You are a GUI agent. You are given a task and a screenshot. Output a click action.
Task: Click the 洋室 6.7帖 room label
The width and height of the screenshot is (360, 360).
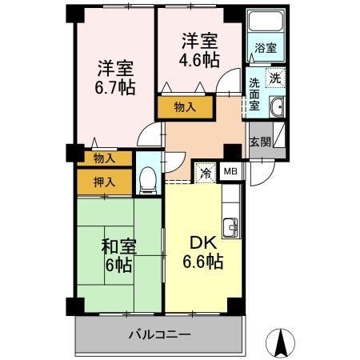115,78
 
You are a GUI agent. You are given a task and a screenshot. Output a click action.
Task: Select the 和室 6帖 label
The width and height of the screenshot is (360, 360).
119,255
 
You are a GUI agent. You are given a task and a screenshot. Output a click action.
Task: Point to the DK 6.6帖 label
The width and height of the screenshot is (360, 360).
203,252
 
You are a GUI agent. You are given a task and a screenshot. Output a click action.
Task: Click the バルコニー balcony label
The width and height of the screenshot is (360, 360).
160,334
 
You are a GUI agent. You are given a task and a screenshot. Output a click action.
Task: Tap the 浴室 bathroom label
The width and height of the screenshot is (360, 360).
266,48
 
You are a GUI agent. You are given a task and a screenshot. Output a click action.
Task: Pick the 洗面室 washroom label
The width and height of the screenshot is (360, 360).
254,94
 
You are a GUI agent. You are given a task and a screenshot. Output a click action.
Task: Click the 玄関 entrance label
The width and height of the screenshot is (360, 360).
260,142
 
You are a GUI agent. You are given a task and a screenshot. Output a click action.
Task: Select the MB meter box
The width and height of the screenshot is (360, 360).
230,171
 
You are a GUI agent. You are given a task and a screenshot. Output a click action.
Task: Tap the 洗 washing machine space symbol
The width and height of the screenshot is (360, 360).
275,78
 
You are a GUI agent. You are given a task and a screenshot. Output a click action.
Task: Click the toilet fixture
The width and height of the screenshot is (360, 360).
148,180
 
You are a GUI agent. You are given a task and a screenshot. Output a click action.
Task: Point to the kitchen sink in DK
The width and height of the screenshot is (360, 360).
230,227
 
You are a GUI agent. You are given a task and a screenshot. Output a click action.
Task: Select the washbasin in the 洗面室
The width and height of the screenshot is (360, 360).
278,106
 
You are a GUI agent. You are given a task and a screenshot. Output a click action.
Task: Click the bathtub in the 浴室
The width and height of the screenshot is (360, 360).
266,21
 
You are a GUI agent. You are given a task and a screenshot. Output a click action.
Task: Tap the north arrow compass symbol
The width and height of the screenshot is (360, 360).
281,342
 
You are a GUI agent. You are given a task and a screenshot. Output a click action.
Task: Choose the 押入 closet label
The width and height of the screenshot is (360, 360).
104,182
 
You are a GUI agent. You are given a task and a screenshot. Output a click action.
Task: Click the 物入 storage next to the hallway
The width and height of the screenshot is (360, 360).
185,107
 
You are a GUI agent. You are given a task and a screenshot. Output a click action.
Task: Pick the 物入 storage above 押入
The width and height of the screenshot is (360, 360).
104,158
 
